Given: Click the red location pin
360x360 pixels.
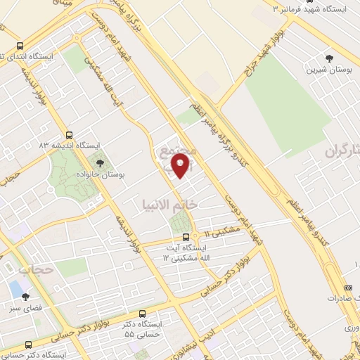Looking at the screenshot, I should [181, 166].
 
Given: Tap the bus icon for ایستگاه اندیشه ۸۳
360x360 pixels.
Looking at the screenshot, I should [69, 135].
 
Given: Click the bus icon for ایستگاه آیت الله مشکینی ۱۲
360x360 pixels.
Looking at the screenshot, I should [186, 238].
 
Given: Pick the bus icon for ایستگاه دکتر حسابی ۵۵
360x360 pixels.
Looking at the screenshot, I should [143, 314].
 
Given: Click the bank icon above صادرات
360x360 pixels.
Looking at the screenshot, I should [347, 288].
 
